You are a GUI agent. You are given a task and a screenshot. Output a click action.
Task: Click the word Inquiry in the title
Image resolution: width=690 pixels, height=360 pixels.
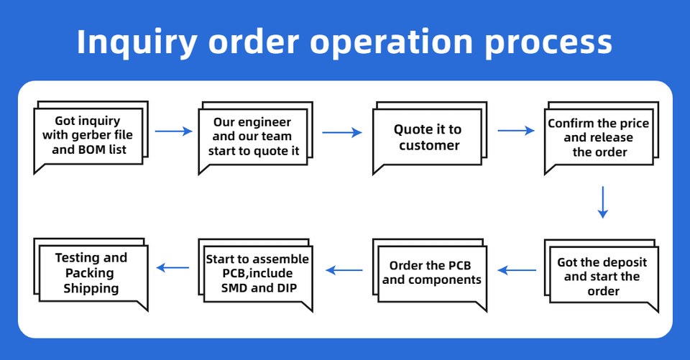137,42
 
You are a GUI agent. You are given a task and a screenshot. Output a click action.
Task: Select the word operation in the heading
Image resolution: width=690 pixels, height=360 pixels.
392,42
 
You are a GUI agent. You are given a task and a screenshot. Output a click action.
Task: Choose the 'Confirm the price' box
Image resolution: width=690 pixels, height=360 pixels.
601,138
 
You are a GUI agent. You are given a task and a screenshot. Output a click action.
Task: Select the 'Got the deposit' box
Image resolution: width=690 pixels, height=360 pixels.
601,275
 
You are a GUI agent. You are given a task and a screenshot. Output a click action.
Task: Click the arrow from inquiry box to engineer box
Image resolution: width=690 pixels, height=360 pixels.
174,131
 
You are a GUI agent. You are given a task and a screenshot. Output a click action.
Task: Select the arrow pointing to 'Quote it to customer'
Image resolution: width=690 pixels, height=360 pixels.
342,132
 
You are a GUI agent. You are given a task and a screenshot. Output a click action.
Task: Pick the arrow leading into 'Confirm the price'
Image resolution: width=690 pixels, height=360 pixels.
516,130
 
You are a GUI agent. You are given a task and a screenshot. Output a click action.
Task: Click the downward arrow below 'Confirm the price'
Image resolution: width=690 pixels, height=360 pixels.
603,203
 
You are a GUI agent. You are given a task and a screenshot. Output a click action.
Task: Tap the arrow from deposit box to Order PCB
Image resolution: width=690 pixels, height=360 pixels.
517,270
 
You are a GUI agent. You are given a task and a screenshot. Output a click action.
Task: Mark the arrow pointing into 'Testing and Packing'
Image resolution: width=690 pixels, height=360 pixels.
172,267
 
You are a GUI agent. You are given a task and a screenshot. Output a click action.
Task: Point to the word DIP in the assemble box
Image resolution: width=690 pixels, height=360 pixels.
287,288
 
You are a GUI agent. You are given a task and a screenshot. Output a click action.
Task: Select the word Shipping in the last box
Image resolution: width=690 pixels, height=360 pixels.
91,289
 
